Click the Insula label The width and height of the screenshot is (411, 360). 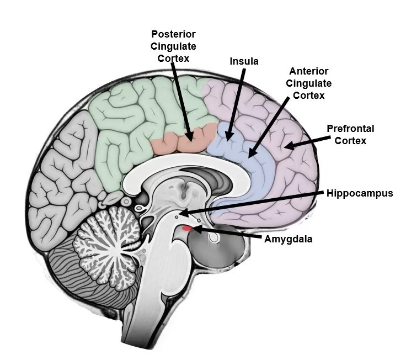pos(244,61)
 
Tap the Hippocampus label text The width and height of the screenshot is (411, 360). pos(359,193)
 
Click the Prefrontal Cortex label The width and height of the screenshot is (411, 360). pos(350,134)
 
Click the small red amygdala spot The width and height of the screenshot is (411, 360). pos(188,228)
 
